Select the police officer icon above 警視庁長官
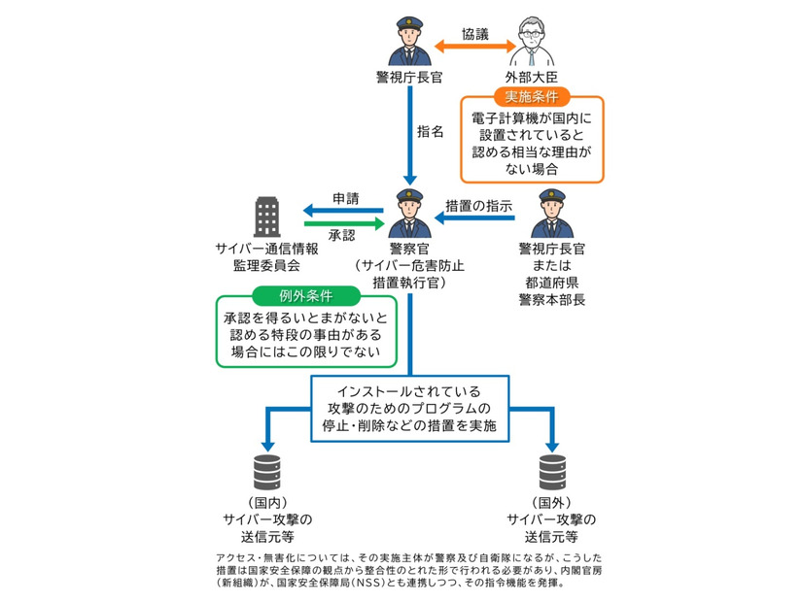coord(409,41)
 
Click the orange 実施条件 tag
coord(532,97)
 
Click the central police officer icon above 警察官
coord(409,214)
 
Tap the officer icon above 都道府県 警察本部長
coord(551,214)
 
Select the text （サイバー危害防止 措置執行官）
coord(408,274)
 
